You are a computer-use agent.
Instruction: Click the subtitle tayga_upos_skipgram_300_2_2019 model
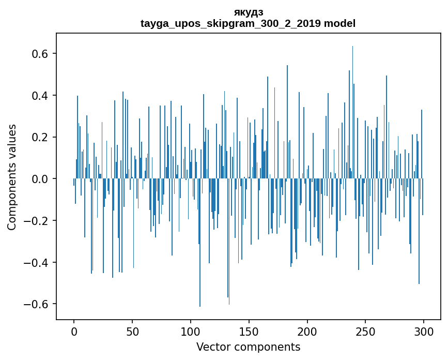tap(248, 23)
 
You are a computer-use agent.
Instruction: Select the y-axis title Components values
tap(12, 177)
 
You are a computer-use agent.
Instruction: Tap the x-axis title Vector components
tap(248, 347)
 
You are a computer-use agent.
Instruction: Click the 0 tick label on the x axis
tap(74, 331)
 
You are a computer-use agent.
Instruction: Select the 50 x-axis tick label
tap(132, 331)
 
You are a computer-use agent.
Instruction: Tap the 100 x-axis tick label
tap(191, 331)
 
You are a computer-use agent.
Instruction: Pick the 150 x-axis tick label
tap(249, 331)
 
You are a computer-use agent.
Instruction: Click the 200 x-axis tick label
tap(307, 331)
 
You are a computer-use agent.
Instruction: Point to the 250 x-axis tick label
tap(366, 331)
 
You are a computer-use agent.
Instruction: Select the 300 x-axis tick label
tap(424, 331)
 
